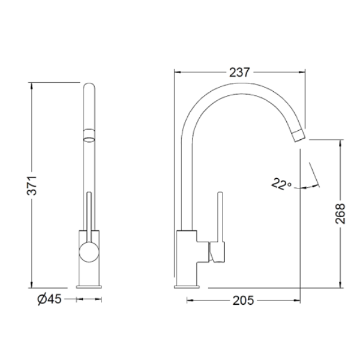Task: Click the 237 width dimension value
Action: (239, 73)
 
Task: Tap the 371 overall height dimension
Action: (32, 185)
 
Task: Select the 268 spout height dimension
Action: (340, 213)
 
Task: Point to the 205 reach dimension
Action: (244, 301)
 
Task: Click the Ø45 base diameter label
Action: (50, 299)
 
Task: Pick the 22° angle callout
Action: (282, 184)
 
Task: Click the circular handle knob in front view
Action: (89, 252)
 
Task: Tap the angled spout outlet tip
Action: (299, 136)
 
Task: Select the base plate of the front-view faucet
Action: (89, 287)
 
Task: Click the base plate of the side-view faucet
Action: (187, 287)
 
